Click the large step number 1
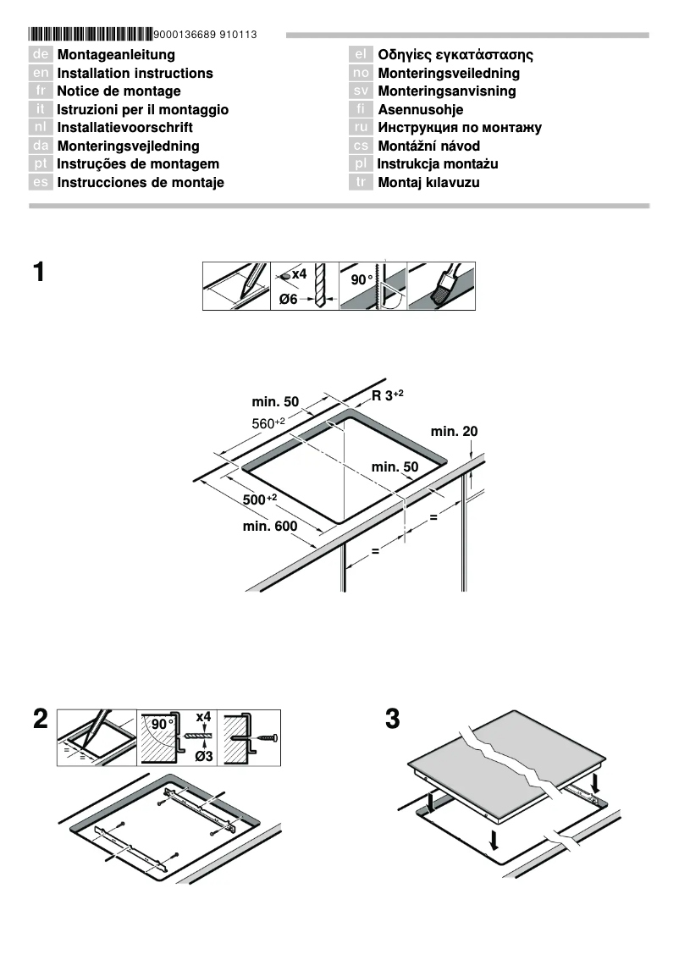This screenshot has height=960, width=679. click(39, 273)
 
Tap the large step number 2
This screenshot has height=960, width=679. click(40, 720)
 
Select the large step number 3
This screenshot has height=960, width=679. click(392, 720)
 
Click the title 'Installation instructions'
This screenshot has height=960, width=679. click(135, 74)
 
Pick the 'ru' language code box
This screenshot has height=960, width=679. click(361, 128)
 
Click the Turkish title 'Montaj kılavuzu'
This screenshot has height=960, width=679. click(428, 183)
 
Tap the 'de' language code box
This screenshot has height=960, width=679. click(41, 55)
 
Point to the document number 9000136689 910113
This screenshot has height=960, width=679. click(206, 35)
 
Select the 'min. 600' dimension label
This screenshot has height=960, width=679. click(270, 527)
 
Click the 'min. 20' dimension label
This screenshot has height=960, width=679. click(454, 431)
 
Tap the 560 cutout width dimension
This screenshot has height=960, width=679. click(268, 422)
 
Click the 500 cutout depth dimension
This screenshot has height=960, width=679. click(260, 499)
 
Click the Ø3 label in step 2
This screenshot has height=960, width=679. click(203, 756)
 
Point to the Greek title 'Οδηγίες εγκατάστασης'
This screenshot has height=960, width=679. click(455, 55)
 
